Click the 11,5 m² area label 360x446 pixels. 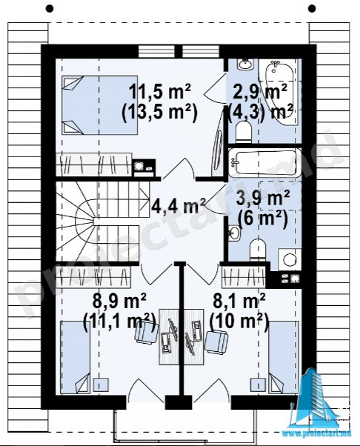tap(160, 92)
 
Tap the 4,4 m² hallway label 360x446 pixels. tap(179, 205)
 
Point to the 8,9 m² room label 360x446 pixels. tap(120, 302)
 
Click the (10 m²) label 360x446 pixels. tap(239, 322)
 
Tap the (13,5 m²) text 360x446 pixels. tap(159, 113)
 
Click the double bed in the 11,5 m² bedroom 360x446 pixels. tap(99, 105)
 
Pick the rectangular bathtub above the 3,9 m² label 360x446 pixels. tap(264, 163)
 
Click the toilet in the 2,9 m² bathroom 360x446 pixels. tap(244, 131)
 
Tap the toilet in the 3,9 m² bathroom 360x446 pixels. tap(259, 250)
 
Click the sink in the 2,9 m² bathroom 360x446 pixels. tap(244, 64)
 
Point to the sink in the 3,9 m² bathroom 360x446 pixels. tap(234, 233)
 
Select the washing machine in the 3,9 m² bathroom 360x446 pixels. tap(290, 259)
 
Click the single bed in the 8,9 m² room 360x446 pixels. tap(75, 358)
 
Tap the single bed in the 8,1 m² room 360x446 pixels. tap(284, 358)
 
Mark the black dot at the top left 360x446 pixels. tap(50, 9)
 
